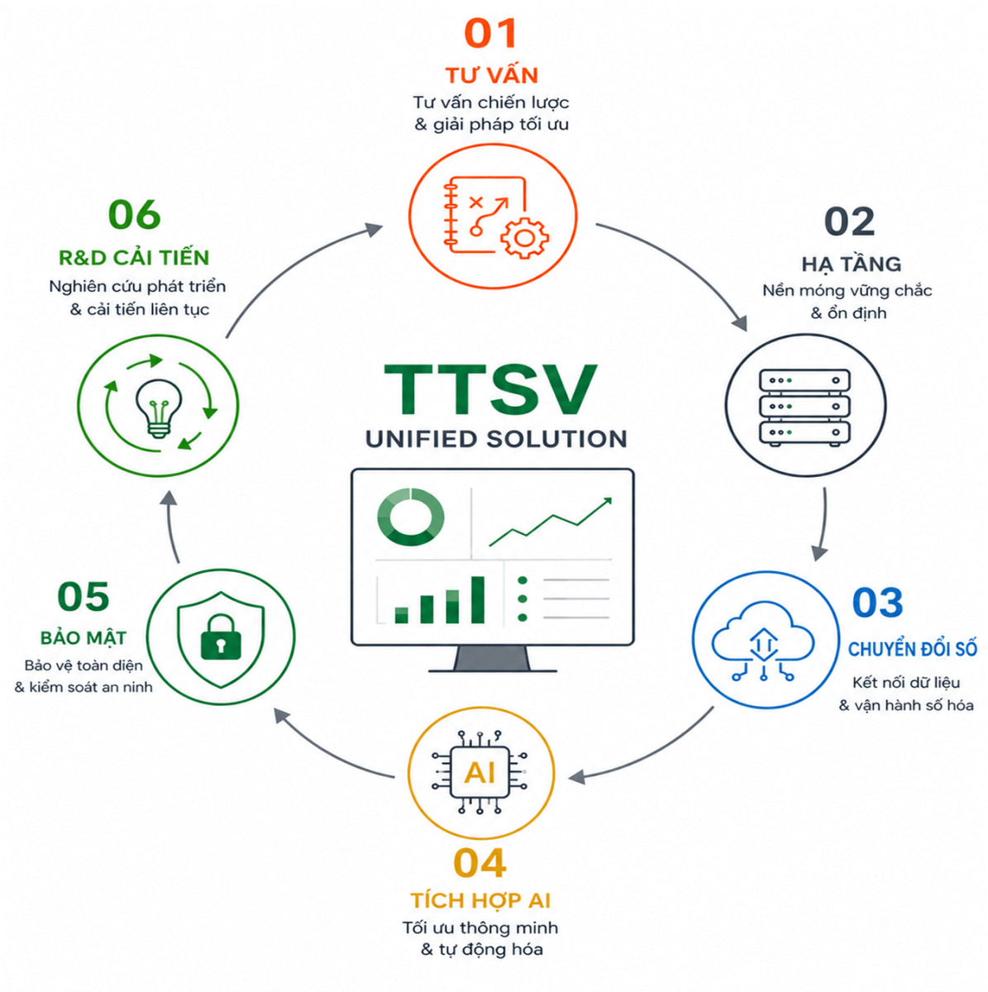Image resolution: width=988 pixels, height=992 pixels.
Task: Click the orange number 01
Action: [490, 33]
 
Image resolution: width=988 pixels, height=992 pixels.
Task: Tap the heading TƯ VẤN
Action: [492, 75]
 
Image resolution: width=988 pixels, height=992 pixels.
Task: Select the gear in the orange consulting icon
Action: [524, 238]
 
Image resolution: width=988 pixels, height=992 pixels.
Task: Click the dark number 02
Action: [849, 222]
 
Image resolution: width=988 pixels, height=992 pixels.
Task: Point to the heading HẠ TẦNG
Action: [852, 264]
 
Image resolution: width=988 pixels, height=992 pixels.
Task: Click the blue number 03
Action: [878, 603]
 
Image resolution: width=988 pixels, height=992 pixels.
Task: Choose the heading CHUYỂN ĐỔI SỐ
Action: [912, 649]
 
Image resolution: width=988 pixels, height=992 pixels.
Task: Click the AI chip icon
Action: [480, 772]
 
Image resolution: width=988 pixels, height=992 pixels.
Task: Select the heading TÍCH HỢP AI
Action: [480, 900]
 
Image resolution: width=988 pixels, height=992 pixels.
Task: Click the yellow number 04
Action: [480, 863]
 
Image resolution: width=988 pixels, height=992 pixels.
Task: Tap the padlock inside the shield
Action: [221, 637]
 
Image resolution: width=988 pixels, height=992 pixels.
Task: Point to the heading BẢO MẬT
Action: [84, 637]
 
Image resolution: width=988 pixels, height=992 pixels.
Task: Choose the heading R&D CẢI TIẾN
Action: [135, 257]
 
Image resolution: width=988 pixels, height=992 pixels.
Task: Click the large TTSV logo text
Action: [490, 389]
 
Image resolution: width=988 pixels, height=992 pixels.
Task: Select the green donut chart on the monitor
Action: [410, 517]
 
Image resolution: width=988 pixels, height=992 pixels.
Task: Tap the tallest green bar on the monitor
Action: [478, 599]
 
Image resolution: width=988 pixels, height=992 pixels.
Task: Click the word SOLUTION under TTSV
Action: [556, 439]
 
